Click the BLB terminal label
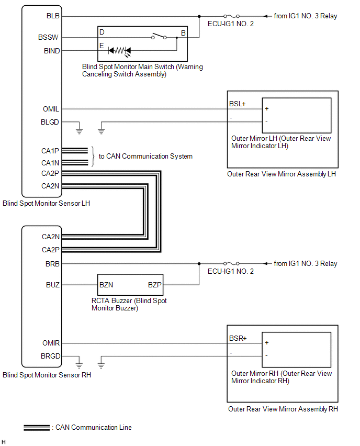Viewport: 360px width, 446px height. pyautogui.click(x=53, y=16)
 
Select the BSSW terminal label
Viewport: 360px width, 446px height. pyautogui.click(x=51, y=38)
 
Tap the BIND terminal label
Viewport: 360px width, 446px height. pyautogui.click(x=52, y=51)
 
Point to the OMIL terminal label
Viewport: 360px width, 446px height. pyautogui.click(x=51, y=109)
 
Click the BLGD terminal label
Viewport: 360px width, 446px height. pyautogui.click(x=51, y=122)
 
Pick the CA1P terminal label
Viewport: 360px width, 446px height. pyautogui.click(x=51, y=150)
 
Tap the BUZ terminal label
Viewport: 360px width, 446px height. pyautogui.click(x=53, y=285)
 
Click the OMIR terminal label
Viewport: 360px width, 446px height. pyautogui.click(x=51, y=343)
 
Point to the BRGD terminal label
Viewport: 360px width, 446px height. pyautogui.click(x=51, y=356)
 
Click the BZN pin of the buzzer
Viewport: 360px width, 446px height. pyautogui.click(x=106, y=285)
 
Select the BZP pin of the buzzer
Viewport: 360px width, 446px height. pyautogui.click(x=155, y=285)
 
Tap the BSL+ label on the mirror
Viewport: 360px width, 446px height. pyautogui.click(x=237, y=104)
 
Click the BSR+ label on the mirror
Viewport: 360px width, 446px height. pyautogui.click(x=238, y=338)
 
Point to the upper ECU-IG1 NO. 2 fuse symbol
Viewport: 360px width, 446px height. pyautogui.click(x=231, y=16)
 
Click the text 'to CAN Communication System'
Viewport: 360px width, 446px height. pyautogui.click(x=145, y=156)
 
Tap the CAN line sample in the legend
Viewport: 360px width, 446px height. pyautogui.click(x=37, y=428)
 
